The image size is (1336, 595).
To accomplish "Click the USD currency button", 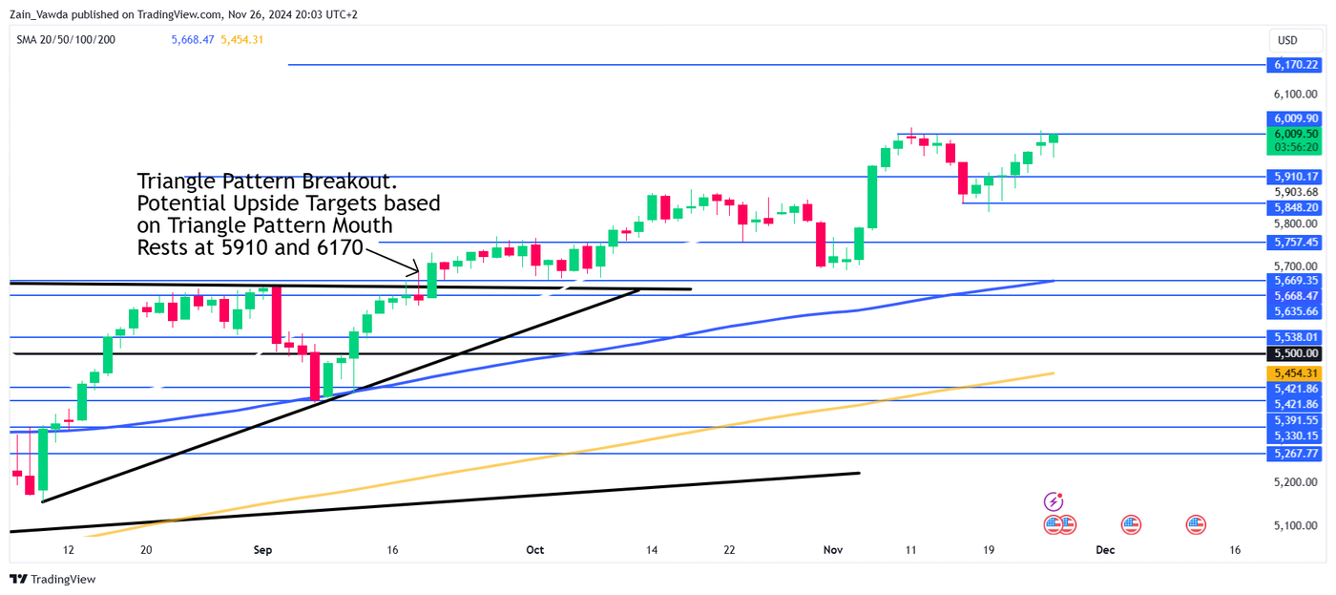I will (x=1287, y=40).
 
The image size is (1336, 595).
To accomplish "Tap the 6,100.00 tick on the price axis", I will (x=1295, y=95).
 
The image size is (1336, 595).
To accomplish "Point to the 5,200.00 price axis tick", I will (x=1295, y=482).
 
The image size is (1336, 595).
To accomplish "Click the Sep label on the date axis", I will (x=263, y=550).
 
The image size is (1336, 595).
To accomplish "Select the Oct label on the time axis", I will (x=534, y=550).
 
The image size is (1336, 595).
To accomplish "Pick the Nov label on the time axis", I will (x=833, y=550).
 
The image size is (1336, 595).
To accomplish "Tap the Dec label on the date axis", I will (x=1105, y=550).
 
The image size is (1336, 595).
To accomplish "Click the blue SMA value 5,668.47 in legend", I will (x=193, y=39).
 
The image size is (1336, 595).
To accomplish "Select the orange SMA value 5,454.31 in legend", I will (x=241, y=39).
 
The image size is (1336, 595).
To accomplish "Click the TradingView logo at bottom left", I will (x=52, y=579).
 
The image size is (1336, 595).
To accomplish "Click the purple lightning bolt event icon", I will (x=1054, y=501).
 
